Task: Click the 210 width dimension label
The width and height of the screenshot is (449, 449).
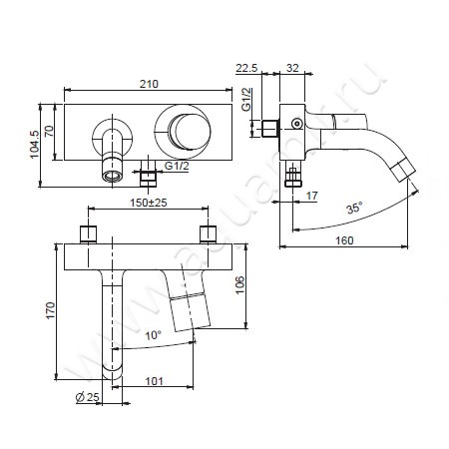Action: tap(149, 84)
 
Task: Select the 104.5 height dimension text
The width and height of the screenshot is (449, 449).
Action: tap(34, 145)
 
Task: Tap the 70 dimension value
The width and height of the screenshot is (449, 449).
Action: tap(49, 131)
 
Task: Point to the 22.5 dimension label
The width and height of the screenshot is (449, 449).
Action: tap(246, 68)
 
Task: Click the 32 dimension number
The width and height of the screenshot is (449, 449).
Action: tap(292, 68)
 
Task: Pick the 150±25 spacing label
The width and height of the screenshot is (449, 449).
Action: tap(149, 203)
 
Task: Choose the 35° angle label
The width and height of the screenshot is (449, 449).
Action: tap(354, 209)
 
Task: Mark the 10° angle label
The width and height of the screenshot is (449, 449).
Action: tap(153, 335)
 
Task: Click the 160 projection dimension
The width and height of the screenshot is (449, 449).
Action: tap(344, 240)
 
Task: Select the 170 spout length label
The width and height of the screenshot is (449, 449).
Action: tap(50, 310)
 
